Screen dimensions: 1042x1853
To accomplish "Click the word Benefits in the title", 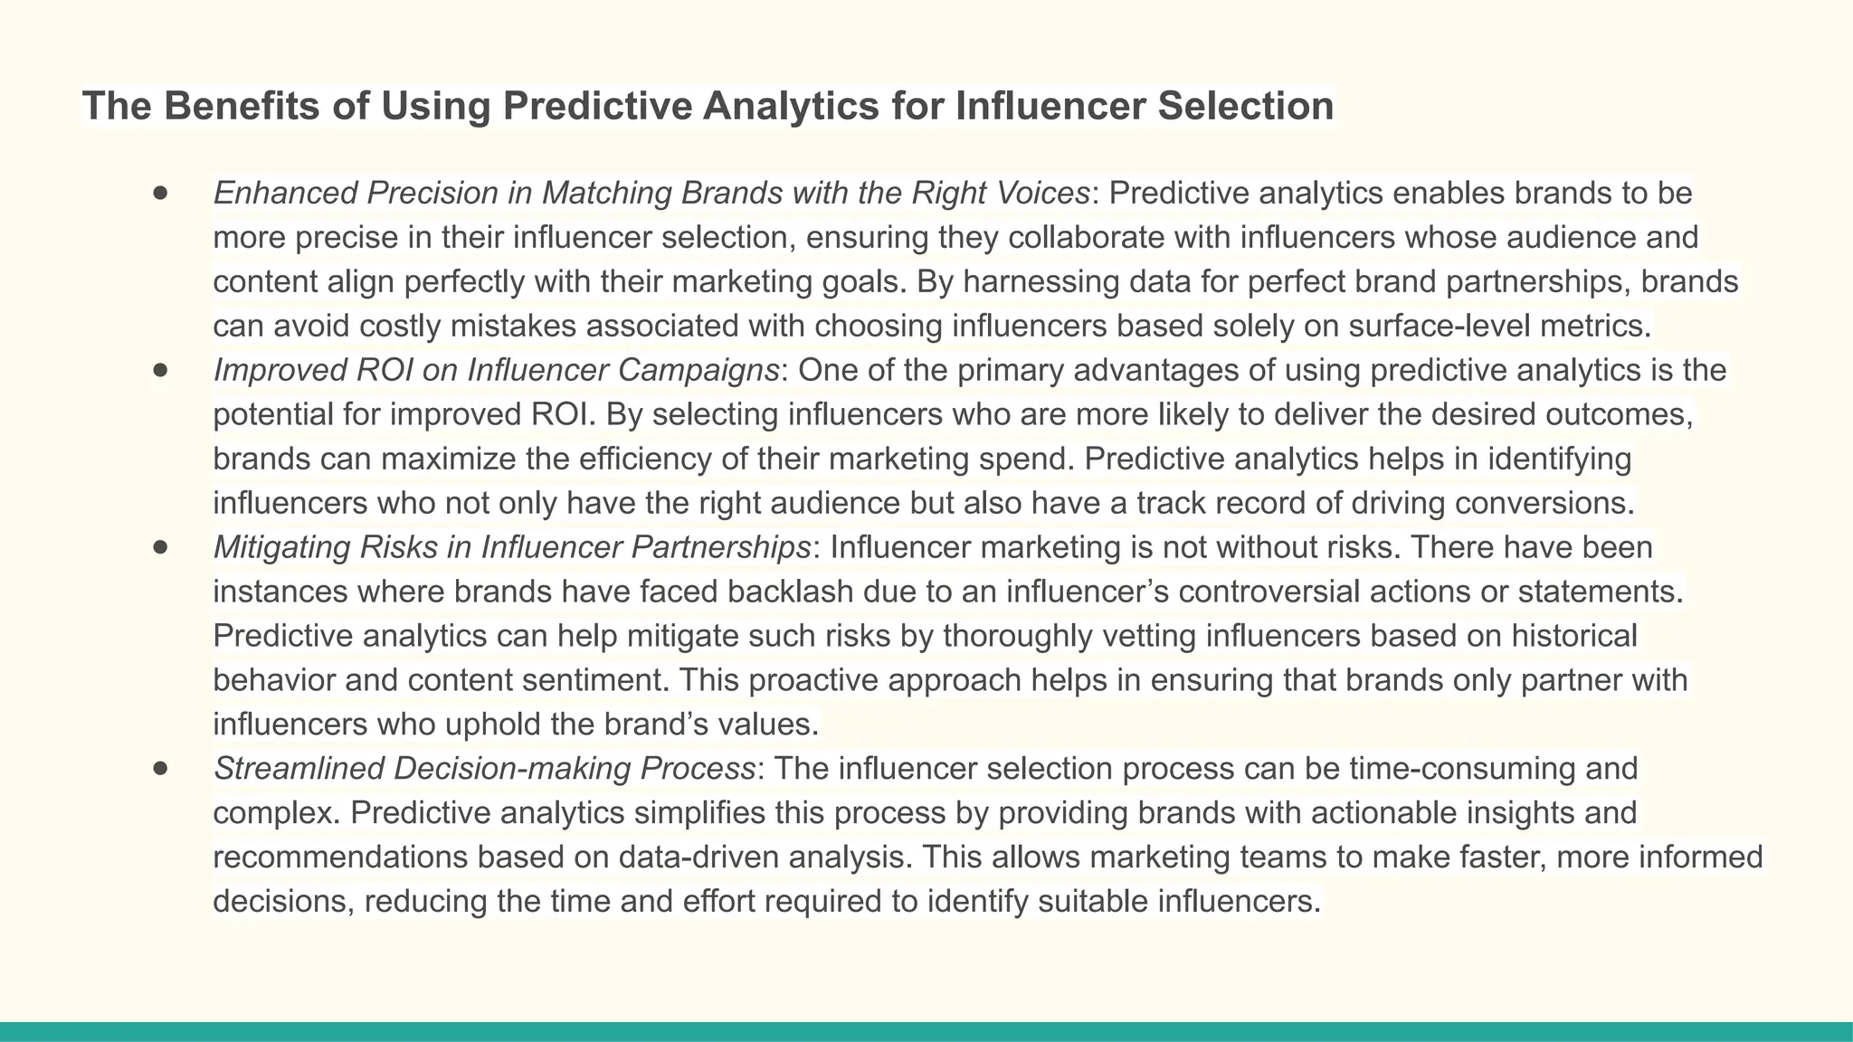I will [241, 106].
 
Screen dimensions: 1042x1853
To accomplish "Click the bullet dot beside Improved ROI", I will [161, 370].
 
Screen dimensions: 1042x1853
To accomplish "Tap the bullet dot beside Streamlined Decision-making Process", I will [161, 769].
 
